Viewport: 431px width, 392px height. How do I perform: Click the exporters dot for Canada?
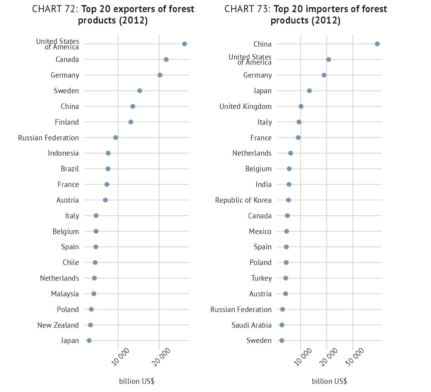click(166, 60)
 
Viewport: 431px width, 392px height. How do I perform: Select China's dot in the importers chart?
click(377, 44)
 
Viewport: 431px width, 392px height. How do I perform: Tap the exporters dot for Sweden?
click(139, 91)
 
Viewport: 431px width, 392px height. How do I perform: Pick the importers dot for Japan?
click(309, 91)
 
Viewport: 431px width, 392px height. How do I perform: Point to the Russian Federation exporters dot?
click(116, 138)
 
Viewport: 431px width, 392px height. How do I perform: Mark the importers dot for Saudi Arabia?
click(282, 325)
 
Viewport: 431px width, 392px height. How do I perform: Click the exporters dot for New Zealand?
click(91, 325)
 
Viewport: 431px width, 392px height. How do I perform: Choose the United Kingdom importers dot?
click(301, 106)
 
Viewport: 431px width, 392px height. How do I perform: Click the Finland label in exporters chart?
click(67, 122)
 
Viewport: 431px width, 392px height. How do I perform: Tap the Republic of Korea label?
click(243, 200)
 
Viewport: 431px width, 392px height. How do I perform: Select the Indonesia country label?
click(63, 153)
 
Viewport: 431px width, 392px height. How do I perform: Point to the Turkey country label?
click(261, 278)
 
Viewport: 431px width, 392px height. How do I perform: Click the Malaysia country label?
click(65, 294)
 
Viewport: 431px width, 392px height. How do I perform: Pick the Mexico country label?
click(260, 231)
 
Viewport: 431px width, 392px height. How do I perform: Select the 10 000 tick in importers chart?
click(307, 355)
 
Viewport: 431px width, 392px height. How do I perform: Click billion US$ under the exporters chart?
click(137, 381)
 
